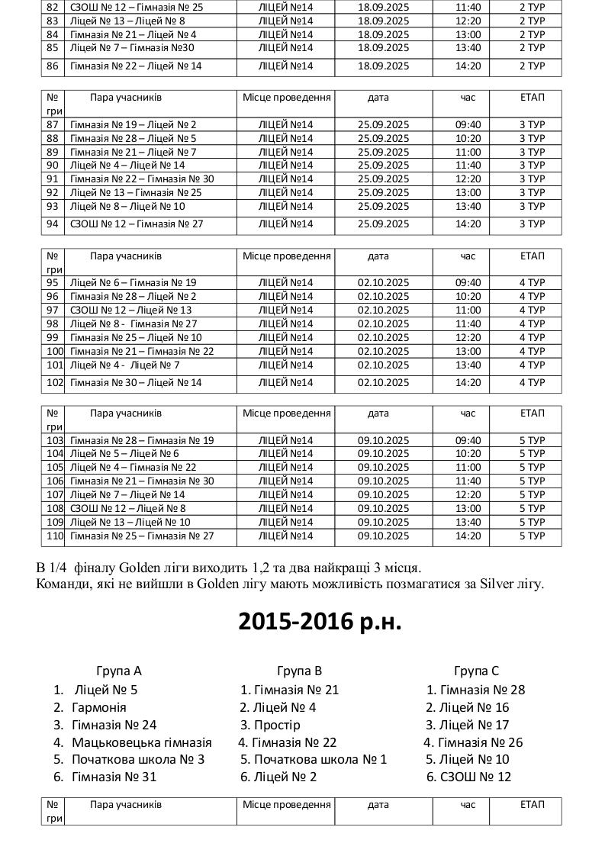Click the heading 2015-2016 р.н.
point(320,622)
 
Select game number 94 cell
point(53,224)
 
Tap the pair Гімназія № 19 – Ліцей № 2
point(133,124)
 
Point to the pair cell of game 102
point(135,383)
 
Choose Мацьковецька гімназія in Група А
point(141,742)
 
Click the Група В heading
point(299,671)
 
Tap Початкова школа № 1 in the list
point(320,759)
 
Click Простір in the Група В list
point(277,725)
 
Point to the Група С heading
point(476,671)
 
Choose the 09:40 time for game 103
point(468,440)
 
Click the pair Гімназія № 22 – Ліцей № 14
point(135,66)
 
